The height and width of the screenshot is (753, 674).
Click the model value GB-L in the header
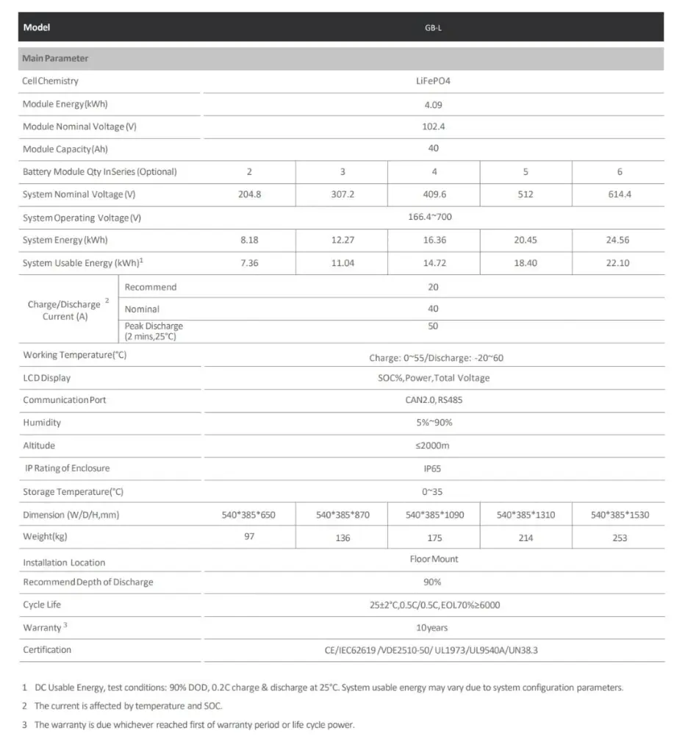(433, 28)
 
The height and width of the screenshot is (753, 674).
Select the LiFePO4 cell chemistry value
(433, 81)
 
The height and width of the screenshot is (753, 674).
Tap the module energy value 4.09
(433, 104)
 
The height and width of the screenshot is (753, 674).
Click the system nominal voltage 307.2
(342, 195)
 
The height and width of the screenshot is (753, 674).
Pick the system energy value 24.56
(619, 240)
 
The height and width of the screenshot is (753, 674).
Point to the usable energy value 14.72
(434, 263)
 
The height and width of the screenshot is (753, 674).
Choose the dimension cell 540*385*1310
(526, 515)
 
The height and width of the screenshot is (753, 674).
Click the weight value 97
(249, 537)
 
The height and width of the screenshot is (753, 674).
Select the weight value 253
(619, 538)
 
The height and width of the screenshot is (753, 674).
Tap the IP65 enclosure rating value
(433, 468)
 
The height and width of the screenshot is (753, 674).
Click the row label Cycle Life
(42, 605)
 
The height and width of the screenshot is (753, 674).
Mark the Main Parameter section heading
(55, 58)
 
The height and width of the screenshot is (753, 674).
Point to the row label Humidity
(42, 423)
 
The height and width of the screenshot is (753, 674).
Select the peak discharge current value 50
(433, 326)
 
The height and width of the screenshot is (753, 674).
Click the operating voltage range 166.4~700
(433, 218)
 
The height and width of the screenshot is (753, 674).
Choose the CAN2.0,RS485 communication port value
(433, 401)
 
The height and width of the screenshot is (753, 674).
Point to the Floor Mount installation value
(434, 560)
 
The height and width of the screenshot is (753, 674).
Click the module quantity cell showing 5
(526, 172)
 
